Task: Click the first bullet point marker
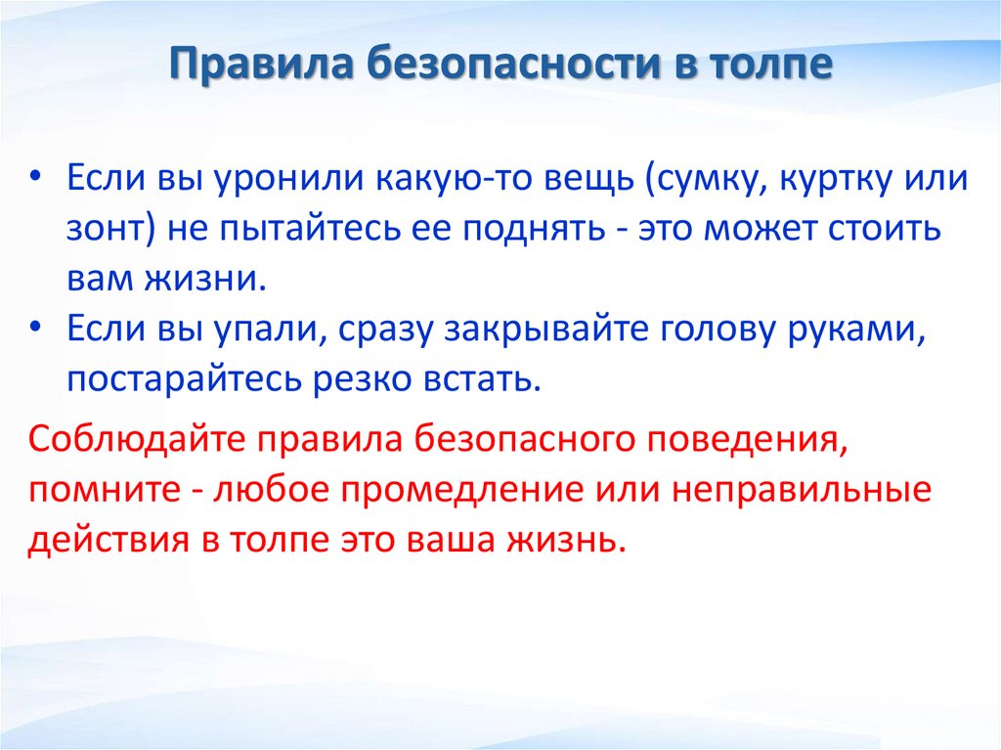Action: pyautogui.click(x=35, y=179)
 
